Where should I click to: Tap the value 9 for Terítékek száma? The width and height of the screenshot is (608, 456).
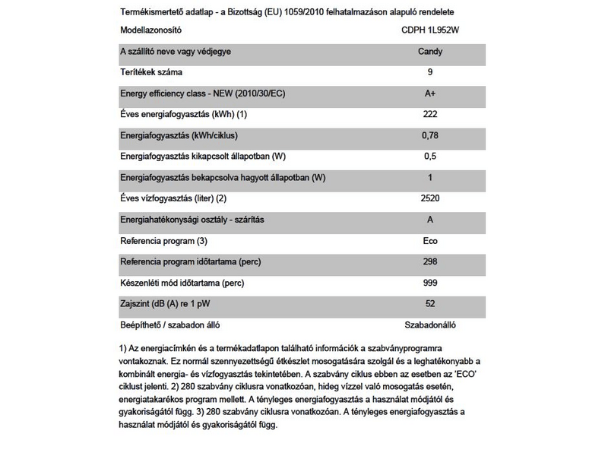click(431, 72)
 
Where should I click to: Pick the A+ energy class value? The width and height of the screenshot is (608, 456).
click(431, 93)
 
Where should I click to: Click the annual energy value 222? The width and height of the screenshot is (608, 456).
click(431, 114)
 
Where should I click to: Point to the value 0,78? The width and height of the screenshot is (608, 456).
click(431, 135)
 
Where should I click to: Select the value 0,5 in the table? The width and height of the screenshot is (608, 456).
click(431, 156)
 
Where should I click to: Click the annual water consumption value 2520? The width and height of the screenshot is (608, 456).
click(431, 198)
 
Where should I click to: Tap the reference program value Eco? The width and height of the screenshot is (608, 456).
click(431, 241)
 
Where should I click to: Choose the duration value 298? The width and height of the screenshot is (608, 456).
click(431, 261)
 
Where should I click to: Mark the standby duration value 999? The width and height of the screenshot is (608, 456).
click(431, 283)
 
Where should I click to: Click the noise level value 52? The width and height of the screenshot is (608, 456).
click(431, 304)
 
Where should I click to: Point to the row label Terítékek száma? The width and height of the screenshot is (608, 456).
click(155, 72)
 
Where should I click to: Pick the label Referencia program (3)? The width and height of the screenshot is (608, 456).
click(163, 241)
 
